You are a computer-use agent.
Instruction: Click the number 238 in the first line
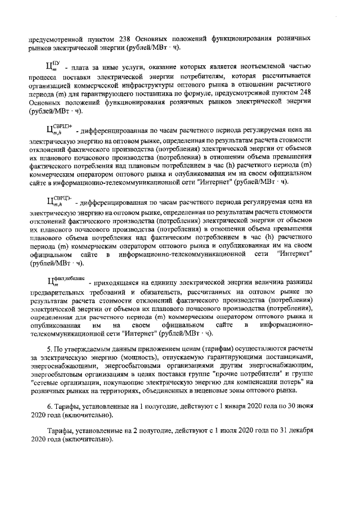click(126, 38)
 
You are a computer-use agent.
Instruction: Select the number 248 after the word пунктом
click(303, 94)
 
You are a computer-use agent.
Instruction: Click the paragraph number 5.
click(49, 349)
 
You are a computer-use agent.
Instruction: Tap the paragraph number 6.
click(49, 406)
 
